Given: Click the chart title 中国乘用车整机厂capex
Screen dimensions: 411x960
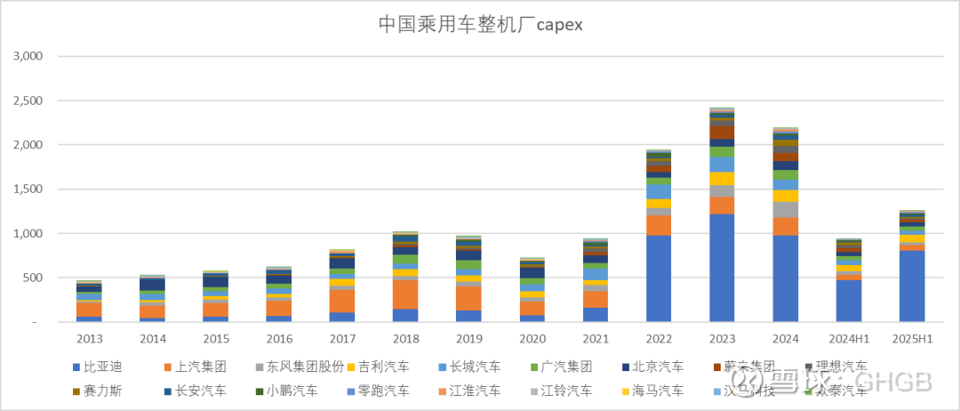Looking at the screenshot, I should (x=480, y=24).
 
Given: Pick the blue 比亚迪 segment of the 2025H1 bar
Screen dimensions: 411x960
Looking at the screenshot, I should (x=912, y=286).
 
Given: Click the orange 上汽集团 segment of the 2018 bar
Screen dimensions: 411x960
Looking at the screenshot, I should (x=405, y=294).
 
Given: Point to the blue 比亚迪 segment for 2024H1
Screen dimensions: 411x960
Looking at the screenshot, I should (x=849, y=301).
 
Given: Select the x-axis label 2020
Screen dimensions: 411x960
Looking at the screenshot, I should (x=532, y=339).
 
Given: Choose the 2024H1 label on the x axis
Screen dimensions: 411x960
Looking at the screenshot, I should (x=849, y=339).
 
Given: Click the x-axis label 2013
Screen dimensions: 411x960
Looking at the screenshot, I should (x=88, y=339).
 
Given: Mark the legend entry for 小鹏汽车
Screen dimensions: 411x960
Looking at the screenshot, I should (x=287, y=390).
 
